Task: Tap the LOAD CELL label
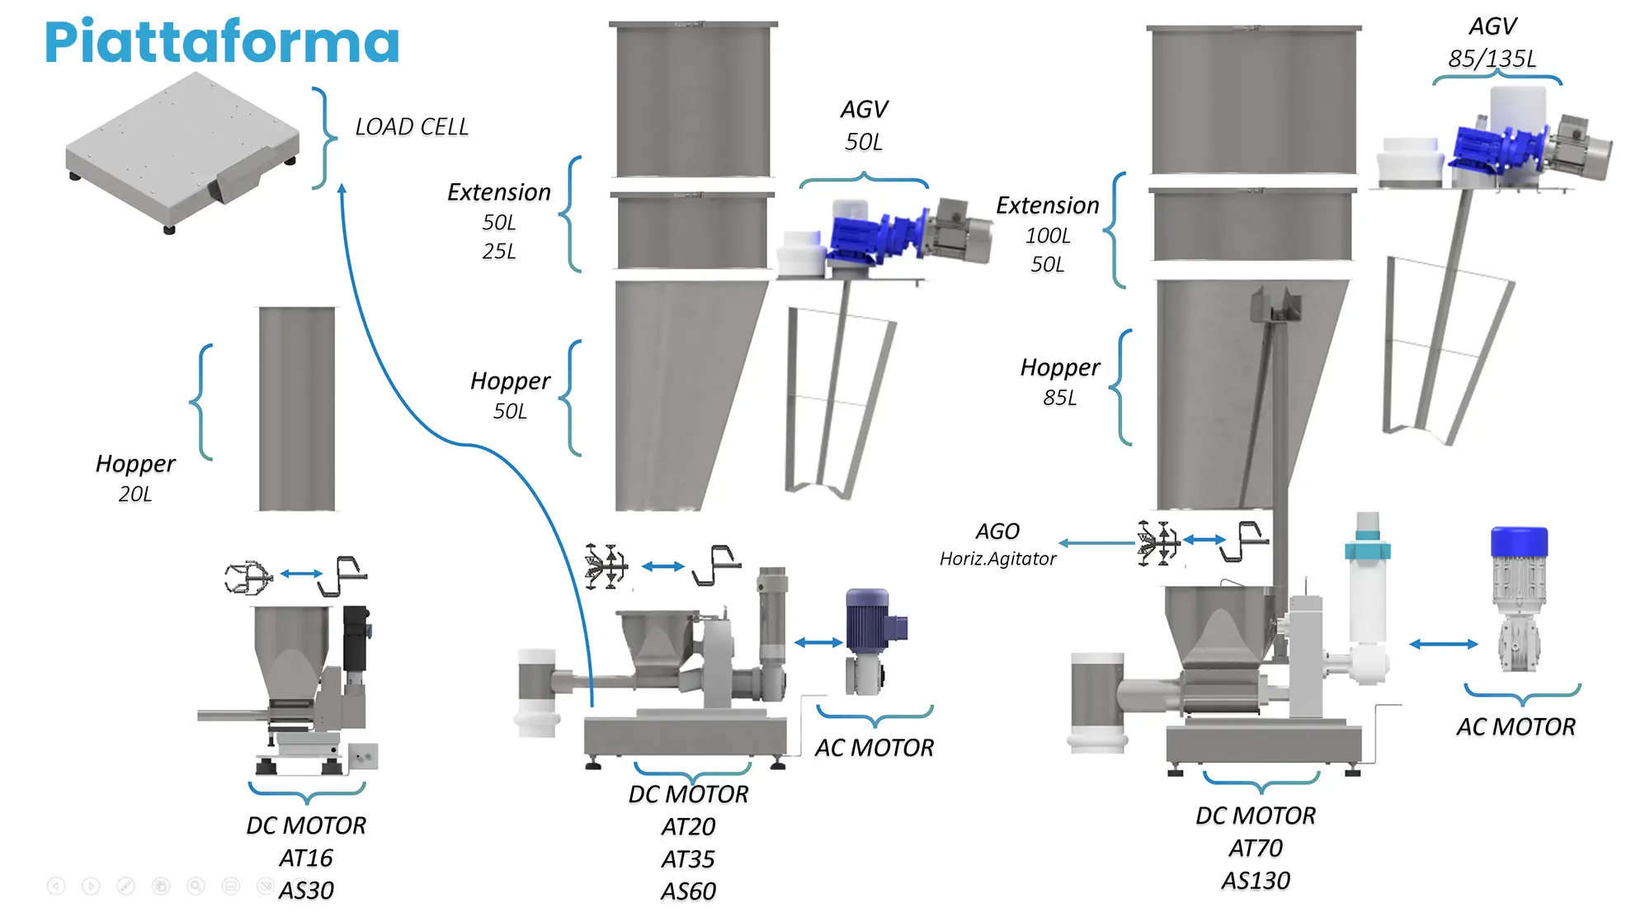tap(411, 127)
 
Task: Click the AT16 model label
tap(306, 858)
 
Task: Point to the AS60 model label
tap(688, 891)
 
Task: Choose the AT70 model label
tap(1255, 849)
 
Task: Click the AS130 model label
tap(1255, 881)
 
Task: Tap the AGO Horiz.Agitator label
tap(997, 545)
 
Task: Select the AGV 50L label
tap(864, 125)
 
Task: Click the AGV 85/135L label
tap(1492, 43)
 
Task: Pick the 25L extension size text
tap(499, 252)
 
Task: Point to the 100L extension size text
tap(1048, 236)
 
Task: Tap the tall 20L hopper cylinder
tap(297, 409)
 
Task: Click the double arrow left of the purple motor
tap(818, 642)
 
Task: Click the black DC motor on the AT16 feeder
tap(356, 640)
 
